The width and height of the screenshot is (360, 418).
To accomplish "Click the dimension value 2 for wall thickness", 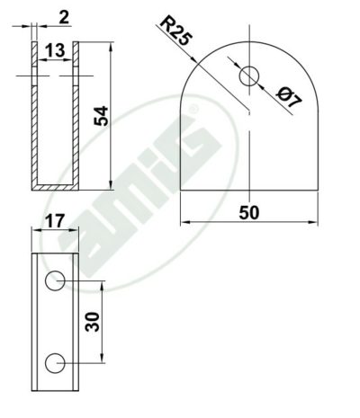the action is pos(64,18).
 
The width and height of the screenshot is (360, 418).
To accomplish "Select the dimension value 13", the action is pos(55,50).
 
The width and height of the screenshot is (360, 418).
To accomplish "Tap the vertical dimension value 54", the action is pos(101,116).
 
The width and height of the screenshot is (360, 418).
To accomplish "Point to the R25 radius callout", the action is pos(175,31).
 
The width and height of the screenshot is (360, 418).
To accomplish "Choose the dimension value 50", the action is pos(249,212).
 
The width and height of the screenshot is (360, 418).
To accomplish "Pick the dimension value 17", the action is pos(55,221).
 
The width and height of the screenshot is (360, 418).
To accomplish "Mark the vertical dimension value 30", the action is pos(92,322).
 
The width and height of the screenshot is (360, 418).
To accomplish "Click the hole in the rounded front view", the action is pos(249,76).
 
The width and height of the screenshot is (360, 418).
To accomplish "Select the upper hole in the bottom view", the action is pos(55,280).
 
